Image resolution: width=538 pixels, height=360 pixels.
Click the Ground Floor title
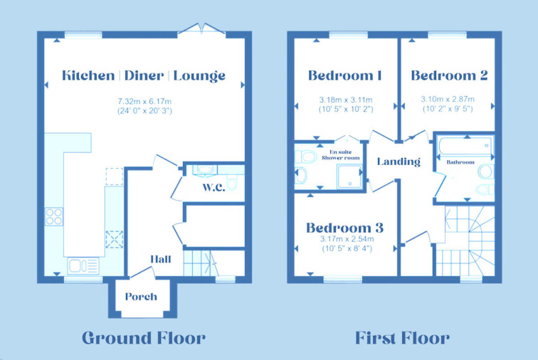(x=144, y=338)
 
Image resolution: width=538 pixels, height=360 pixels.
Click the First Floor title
(x=402, y=338)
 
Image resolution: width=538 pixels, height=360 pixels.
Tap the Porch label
(x=141, y=297)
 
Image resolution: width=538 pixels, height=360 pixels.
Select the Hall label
(x=161, y=259)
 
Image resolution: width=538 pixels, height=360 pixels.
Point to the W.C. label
(x=213, y=187)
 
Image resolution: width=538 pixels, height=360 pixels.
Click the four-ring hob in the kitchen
(x=54, y=216)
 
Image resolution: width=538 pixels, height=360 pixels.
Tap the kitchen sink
(x=83, y=265)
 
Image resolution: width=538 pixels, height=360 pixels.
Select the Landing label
(x=399, y=162)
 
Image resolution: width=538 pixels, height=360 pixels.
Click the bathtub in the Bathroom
(x=465, y=147)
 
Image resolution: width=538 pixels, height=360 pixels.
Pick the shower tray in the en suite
(x=349, y=176)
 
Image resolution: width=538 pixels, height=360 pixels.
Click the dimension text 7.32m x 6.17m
(x=144, y=102)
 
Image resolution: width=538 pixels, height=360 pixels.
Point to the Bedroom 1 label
(x=345, y=75)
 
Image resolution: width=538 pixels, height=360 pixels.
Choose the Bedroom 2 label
(x=449, y=75)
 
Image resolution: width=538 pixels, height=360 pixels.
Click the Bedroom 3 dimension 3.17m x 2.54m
(x=347, y=239)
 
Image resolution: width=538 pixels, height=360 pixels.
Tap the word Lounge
(x=199, y=76)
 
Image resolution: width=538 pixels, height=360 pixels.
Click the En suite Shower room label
(x=341, y=155)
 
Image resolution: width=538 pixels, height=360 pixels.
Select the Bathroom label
(x=460, y=162)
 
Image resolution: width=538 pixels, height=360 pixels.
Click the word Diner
(x=144, y=75)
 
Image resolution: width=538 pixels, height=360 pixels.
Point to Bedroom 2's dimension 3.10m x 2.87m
(x=448, y=99)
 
